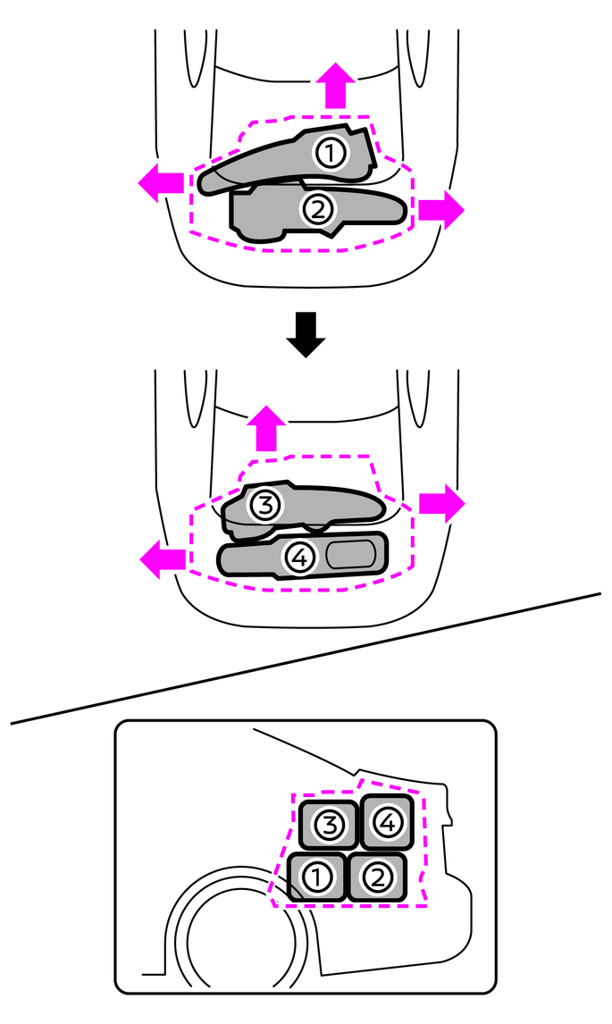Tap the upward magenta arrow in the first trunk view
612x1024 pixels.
click(x=335, y=87)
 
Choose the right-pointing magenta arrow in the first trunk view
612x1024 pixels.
click(x=441, y=209)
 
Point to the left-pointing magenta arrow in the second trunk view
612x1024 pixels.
click(x=163, y=559)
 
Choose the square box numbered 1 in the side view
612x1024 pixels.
click(x=315, y=877)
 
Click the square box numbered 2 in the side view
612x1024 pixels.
click(x=377, y=877)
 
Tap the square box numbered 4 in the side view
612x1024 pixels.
click(x=385, y=821)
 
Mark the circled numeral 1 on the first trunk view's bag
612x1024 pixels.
click(x=331, y=154)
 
